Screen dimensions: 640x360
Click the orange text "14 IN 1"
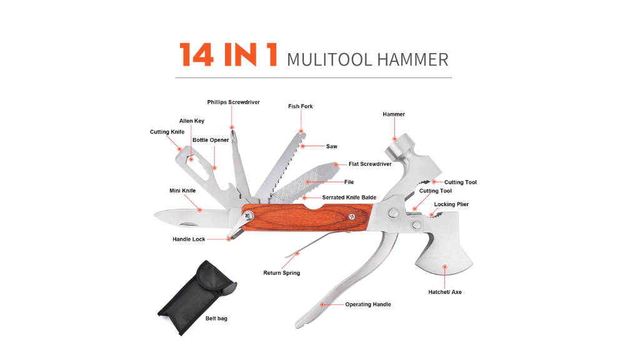pos(229,55)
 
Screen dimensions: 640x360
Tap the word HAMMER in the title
pos(412,59)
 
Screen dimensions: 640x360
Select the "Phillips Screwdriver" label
pos(234,102)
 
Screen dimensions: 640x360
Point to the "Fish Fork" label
pos(301,106)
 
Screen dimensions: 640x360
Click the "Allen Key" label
pos(192,121)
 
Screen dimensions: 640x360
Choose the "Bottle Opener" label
pos(211,140)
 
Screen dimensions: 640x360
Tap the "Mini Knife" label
pos(182,191)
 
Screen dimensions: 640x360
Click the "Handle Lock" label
pos(189,239)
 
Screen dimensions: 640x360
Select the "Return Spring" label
pos(282,272)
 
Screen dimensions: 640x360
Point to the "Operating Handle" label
pos(368,304)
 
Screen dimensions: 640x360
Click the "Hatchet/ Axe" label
pos(445,292)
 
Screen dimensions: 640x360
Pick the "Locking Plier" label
pos(451,204)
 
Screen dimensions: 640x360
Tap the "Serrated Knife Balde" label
pos(349,197)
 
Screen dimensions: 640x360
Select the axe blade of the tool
pos(444,256)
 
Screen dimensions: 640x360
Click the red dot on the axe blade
pos(445,267)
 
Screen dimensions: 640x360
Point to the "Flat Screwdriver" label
pos(370,164)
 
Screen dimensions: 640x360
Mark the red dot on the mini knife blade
pos(200,210)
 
